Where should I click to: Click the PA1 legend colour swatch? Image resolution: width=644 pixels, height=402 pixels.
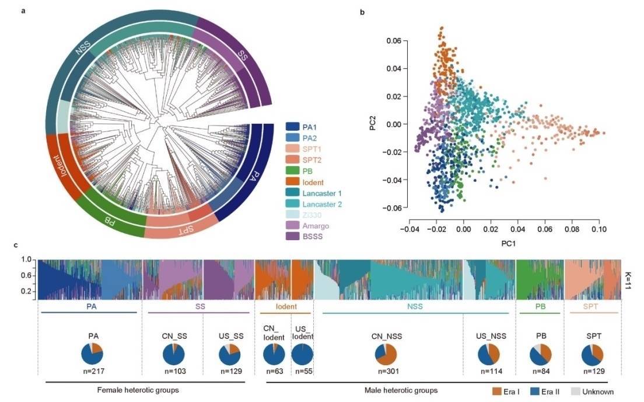click(x=293, y=126)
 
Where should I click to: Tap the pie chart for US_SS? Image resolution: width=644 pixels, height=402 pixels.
click(x=229, y=356)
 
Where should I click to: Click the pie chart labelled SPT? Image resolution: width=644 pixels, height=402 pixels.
click(x=592, y=356)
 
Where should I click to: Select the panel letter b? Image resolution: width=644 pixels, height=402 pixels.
click(x=363, y=12)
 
